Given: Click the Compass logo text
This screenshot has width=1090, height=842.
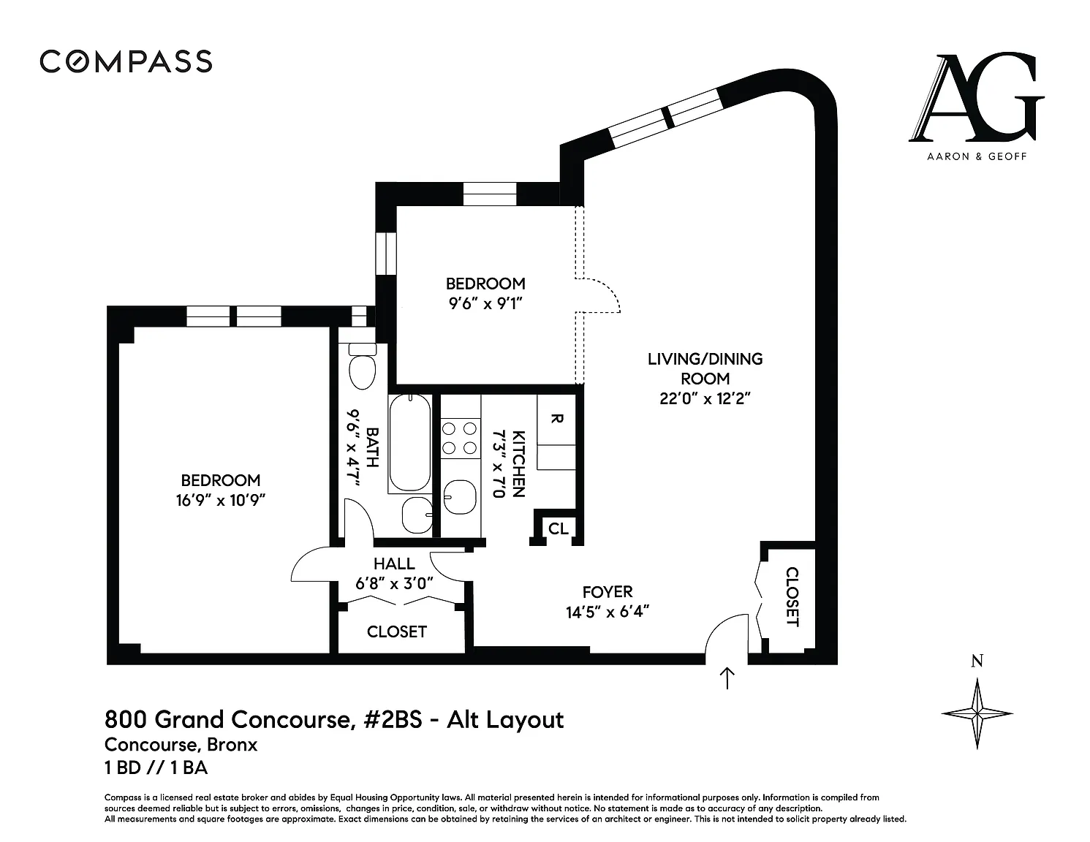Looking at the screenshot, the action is pyautogui.click(x=126, y=61).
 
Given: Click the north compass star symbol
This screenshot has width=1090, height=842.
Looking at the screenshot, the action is pyautogui.click(x=977, y=713).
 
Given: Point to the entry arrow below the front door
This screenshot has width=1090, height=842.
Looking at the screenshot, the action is pyautogui.click(x=727, y=678).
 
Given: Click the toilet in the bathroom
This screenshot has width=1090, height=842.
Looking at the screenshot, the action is pyautogui.click(x=362, y=366).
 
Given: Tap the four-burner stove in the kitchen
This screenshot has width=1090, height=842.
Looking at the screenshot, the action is pyautogui.click(x=460, y=438).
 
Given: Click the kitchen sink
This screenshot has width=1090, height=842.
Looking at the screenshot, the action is pyautogui.click(x=460, y=498).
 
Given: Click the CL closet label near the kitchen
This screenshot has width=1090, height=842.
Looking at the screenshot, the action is pyautogui.click(x=559, y=528).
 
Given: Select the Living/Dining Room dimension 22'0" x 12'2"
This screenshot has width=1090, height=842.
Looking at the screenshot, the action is pyautogui.click(x=705, y=398).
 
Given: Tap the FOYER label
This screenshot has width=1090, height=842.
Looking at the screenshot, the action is pyautogui.click(x=608, y=592).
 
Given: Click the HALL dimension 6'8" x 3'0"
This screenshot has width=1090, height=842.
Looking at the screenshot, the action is pyautogui.click(x=394, y=584).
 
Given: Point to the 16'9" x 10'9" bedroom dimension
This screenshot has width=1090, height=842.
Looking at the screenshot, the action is pyautogui.click(x=220, y=501).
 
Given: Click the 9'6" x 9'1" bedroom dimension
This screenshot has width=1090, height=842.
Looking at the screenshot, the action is pyautogui.click(x=485, y=303).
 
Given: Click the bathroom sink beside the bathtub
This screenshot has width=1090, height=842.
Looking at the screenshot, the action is pyautogui.click(x=417, y=515).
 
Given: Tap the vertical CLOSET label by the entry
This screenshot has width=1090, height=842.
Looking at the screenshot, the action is pyautogui.click(x=792, y=596).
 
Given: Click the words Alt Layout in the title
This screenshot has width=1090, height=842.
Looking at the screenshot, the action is pyautogui.click(x=505, y=720).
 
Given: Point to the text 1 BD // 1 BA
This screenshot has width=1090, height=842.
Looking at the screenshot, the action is pyautogui.click(x=156, y=767).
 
